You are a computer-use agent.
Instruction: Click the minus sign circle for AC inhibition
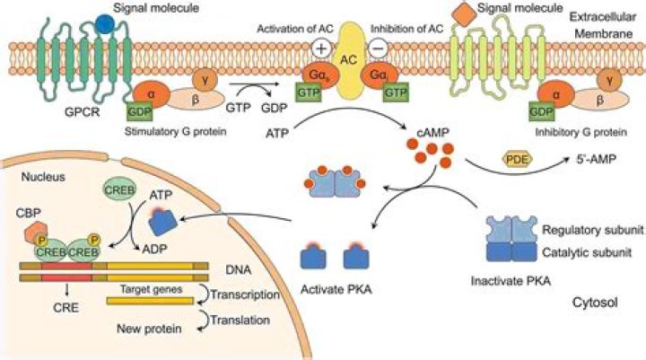pos(379,46)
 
